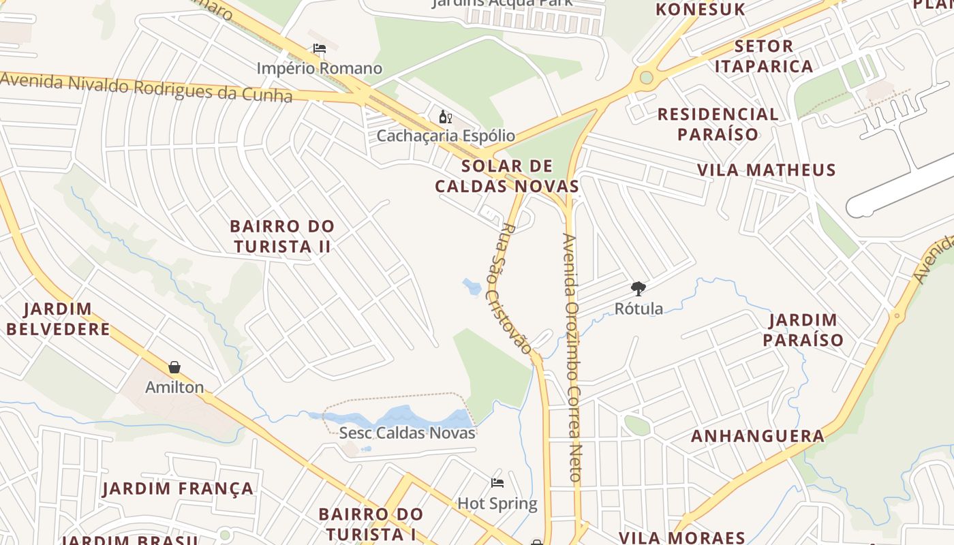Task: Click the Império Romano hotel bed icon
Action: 319,48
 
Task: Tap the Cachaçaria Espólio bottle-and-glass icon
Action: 446,116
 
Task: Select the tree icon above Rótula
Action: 638,289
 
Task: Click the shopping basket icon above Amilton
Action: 174,367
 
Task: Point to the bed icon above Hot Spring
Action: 497,483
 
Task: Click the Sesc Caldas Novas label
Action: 407,433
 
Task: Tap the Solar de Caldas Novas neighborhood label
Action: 507,176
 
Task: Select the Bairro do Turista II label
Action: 282,236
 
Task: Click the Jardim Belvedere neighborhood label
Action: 58,319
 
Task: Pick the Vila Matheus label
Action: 766,170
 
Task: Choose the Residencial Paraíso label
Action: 718,123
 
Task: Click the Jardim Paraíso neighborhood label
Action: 803,330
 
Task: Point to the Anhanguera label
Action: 758,436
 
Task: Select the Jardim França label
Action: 178,488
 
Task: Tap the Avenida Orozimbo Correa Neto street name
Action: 572,358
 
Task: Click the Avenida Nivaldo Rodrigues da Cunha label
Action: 147,87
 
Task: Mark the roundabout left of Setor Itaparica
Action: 646,77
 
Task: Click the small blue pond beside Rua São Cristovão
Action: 472,286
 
